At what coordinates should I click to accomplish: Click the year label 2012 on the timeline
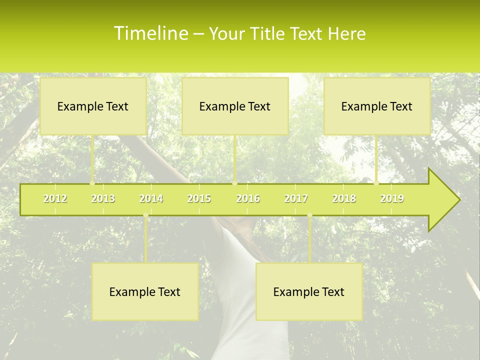[x=55, y=198]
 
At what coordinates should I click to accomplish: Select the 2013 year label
[x=103, y=198]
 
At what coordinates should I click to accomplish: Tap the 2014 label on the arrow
[x=151, y=198]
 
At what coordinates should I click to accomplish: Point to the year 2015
[x=199, y=198]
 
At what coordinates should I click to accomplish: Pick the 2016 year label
[x=248, y=198]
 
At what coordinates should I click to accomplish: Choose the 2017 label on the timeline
[x=296, y=198]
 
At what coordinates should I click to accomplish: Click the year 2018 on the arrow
[x=344, y=198]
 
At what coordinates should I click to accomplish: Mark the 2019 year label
[x=392, y=198]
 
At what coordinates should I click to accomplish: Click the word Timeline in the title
[x=150, y=33]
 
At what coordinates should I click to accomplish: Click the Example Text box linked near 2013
[x=93, y=106]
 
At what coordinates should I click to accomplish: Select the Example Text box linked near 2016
[x=235, y=106]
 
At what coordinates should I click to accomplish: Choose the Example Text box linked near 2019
[x=377, y=106]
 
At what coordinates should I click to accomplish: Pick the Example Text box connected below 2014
[x=145, y=291]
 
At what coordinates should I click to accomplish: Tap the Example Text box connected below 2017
[x=309, y=291]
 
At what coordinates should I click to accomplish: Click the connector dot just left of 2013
[x=92, y=183]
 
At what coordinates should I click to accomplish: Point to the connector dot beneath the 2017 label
[x=309, y=215]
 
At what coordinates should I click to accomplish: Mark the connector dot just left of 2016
[x=234, y=183]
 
